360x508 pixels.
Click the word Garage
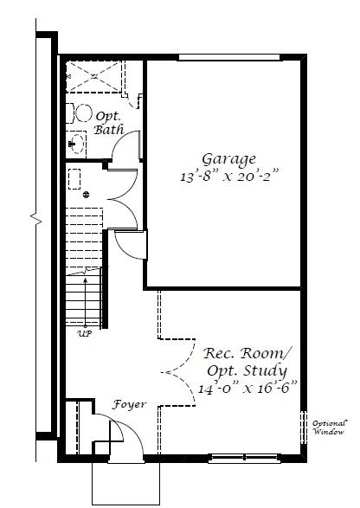(228, 159)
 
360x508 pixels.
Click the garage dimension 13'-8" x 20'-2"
(229, 177)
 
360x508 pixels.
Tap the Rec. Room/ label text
(247, 353)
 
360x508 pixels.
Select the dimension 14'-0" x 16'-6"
(247, 388)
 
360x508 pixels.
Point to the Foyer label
(129, 405)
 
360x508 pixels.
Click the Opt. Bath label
(109, 124)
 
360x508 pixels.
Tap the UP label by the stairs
(85, 333)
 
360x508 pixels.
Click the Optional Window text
(330, 428)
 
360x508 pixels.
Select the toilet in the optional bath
(79, 113)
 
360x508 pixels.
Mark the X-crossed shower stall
(94, 77)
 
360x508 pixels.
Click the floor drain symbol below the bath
(86, 195)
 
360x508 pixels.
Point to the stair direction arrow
(86, 302)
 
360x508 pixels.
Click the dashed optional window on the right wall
(303, 428)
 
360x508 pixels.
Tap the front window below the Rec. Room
(245, 458)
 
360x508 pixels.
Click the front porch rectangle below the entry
(125, 484)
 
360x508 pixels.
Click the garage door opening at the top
(229, 57)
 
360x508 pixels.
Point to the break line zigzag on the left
(36, 219)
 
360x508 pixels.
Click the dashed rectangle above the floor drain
(74, 179)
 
